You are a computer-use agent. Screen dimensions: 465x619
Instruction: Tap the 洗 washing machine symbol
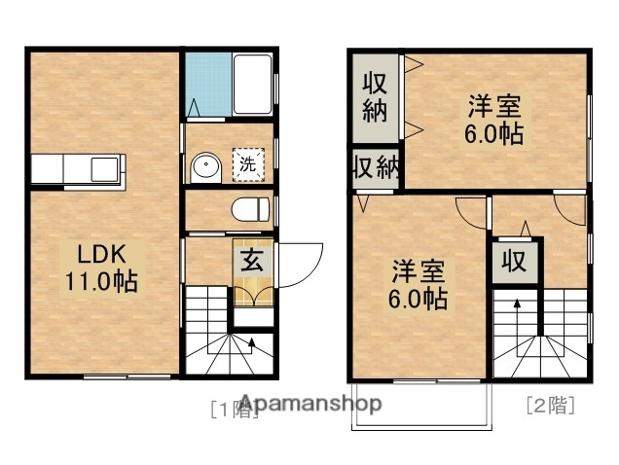tap(247, 164)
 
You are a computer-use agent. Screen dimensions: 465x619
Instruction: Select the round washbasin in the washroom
tap(206, 167)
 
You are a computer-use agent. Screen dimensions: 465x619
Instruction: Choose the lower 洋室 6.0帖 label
tap(419, 283)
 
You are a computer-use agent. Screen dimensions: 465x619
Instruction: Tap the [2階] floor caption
tap(549, 405)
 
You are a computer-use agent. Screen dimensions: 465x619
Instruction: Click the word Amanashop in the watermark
tap(311, 403)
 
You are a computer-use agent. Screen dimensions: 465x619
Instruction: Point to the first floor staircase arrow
tap(251, 341)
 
